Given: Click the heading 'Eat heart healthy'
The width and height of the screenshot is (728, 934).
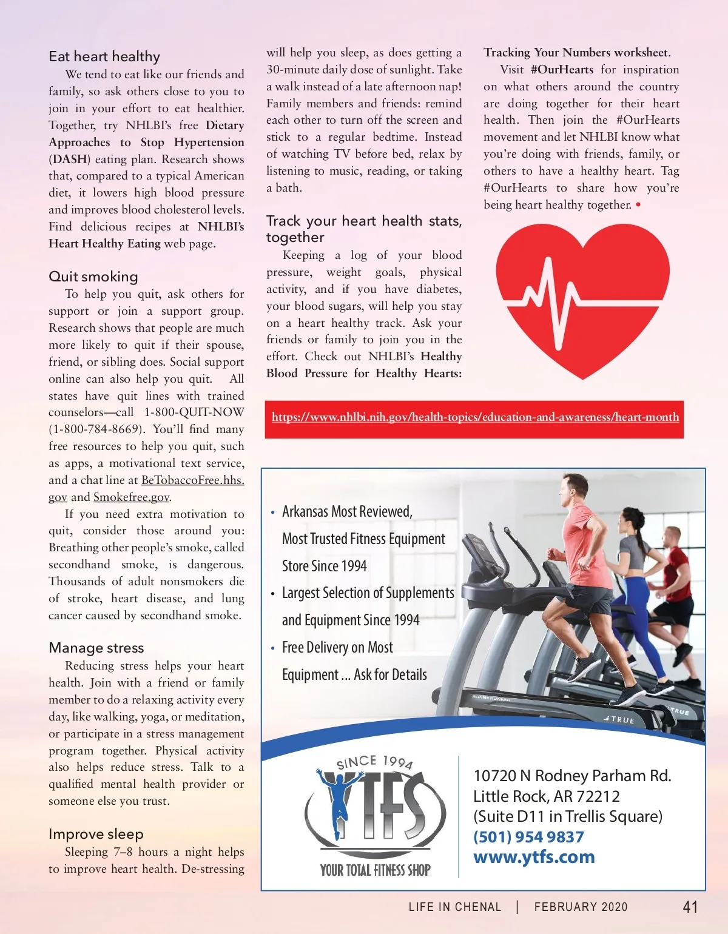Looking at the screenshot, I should pyautogui.click(x=104, y=56).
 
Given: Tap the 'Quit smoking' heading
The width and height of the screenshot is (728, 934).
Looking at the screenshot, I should pyautogui.click(x=93, y=277).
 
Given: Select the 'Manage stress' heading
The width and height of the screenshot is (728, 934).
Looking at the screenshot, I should pyautogui.click(x=96, y=648).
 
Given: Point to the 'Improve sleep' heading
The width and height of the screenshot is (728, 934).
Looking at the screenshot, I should pyautogui.click(x=96, y=834).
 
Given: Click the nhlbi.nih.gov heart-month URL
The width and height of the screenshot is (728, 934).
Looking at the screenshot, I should pyautogui.click(x=475, y=417).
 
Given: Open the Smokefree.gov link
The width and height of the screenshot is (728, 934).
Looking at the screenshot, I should pyautogui.click(x=131, y=497).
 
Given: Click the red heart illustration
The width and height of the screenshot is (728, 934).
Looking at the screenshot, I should pyautogui.click(x=582, y=297).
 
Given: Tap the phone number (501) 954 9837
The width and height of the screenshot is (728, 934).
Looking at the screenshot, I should pyautogui.click(x=528, y=837).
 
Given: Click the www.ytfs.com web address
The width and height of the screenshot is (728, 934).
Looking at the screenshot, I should pyautogui.click(x=534, y=858).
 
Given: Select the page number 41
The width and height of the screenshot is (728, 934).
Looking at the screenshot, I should pyautogui.click(x=690, y=907).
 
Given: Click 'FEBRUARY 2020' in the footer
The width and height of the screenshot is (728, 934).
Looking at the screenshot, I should pyautogui.click(x=581, y=907).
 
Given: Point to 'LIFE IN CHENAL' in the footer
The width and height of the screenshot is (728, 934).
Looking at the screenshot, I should pyautogui.click(x=455, y=907).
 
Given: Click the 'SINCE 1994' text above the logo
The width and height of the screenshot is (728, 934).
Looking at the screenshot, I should pyautogui.click(x=375, y=762).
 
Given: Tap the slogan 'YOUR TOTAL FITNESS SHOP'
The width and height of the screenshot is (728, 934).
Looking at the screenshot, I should pyautogui.click(x=376, y=870).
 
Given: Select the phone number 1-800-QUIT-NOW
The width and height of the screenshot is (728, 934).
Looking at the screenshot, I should pyautogui.click(x=194, y=412).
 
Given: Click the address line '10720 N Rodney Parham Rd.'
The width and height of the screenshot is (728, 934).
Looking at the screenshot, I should pyautogui.click(x=572, y=776).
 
